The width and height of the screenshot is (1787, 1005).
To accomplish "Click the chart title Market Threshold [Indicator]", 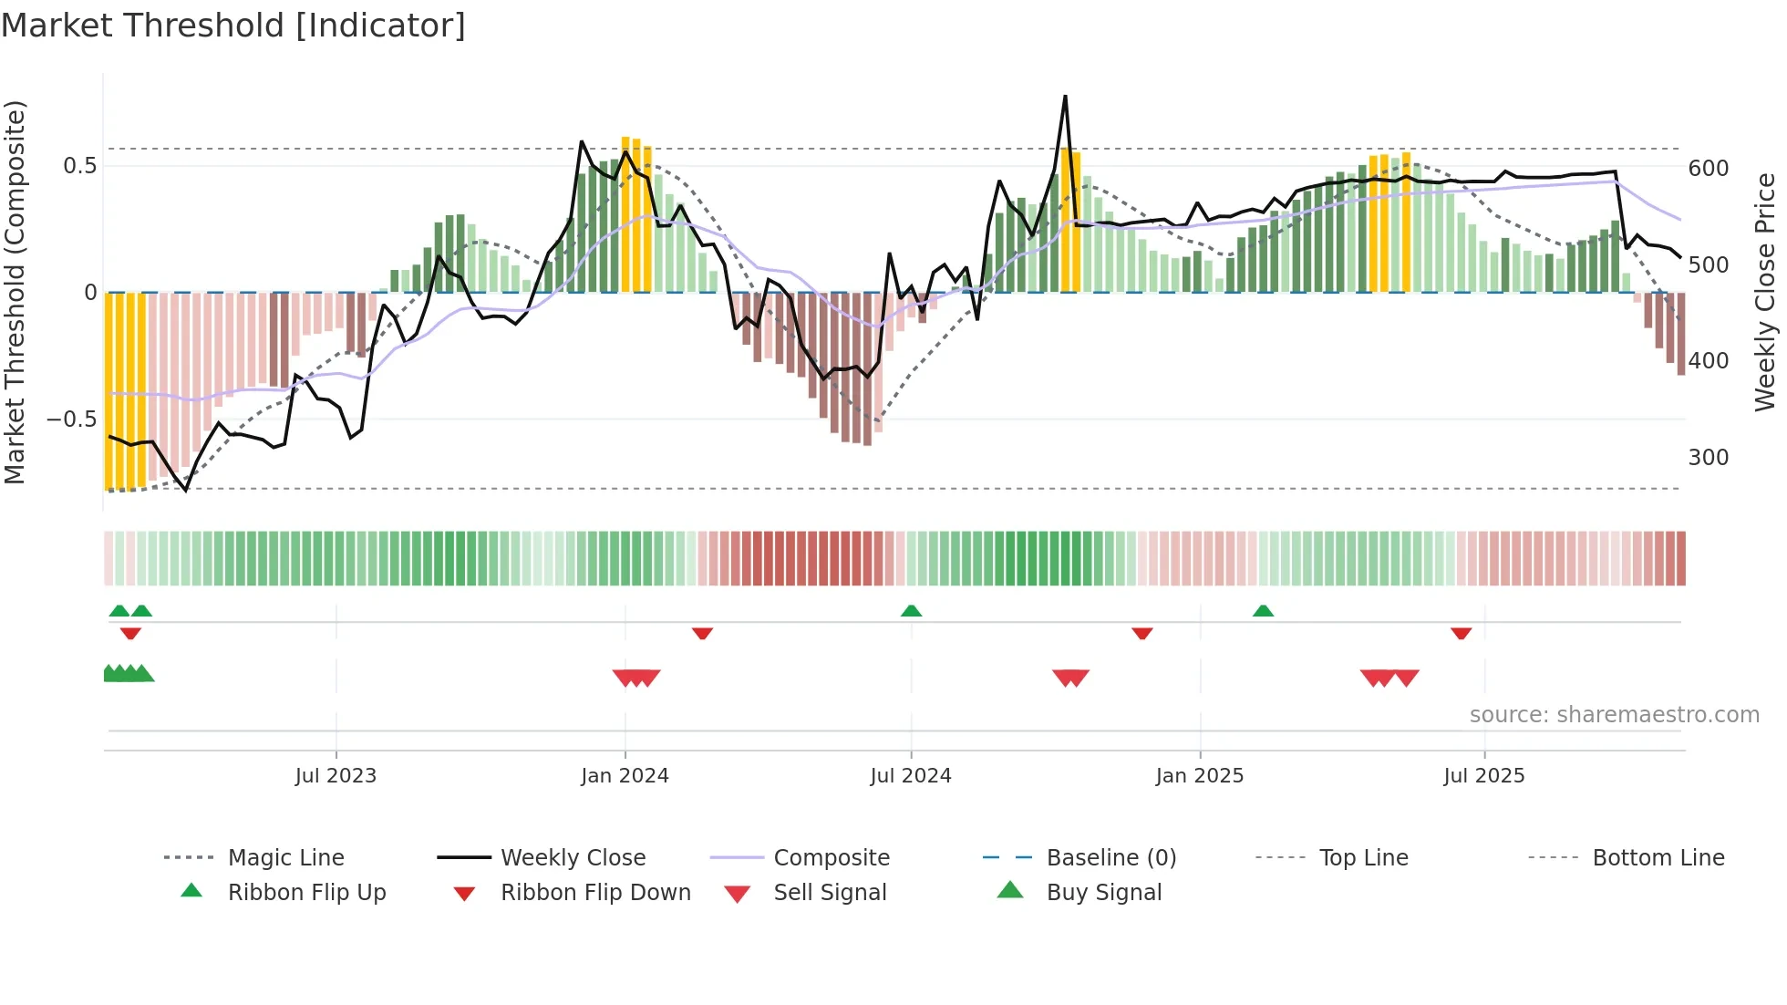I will point(233,26).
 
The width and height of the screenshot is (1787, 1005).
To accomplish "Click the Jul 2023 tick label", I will point(336,776).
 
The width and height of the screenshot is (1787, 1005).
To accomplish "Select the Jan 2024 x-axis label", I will point(625,776).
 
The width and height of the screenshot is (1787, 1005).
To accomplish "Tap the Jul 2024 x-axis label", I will point(911,776).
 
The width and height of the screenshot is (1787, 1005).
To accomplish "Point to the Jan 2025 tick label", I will point(1199,776).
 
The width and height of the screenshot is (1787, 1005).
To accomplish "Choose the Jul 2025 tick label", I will point(1483,776).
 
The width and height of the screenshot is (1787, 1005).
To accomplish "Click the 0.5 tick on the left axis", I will point(79,166).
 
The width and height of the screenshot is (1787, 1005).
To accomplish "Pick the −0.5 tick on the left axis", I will point(71,420).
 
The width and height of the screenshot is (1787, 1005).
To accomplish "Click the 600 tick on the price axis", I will point(1709,169).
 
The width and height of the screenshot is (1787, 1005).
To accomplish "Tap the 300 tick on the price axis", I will point(1709,458).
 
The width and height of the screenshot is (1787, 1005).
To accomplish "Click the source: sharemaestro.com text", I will point(1614,715).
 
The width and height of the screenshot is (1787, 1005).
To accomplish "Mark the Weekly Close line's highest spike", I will point(1065,97).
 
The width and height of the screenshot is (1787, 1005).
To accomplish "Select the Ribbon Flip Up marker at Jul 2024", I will point(911,611).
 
